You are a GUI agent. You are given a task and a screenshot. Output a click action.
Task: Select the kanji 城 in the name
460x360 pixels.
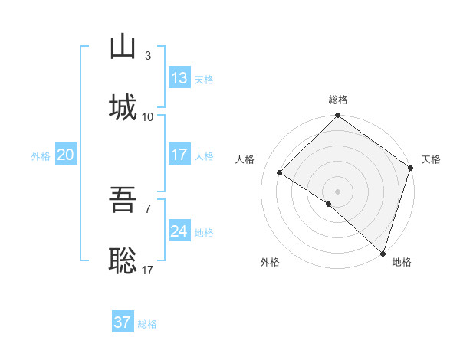tap(123, 109)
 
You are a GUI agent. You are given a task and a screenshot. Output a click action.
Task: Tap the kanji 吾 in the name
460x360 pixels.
tap(123, 201)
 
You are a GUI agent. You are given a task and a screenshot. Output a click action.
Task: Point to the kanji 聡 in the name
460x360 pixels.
tap(123, 262)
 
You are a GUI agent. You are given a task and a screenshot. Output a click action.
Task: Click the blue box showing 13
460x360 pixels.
tap(179, 78)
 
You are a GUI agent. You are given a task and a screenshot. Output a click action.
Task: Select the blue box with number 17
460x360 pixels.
tap(179, 155)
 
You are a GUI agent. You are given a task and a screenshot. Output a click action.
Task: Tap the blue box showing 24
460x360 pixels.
tap(179, 231)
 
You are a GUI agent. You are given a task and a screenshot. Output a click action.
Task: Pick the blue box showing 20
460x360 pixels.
tap(65, 155)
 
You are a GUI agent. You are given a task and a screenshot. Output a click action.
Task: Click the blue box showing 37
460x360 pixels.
tap(123, 322)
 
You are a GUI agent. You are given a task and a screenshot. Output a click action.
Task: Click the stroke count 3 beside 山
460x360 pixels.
tap(148, 56)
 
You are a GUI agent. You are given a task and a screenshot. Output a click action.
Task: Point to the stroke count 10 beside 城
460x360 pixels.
tap(148, 117)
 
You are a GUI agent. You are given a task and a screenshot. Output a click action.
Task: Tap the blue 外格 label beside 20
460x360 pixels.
tap(41, 155)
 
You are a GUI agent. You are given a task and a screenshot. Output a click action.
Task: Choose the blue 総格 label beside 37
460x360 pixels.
tap(147, 323)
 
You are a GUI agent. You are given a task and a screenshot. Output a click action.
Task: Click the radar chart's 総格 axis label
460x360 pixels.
tap(338, 100)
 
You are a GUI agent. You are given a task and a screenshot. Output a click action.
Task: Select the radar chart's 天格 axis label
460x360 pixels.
tap(431, 159)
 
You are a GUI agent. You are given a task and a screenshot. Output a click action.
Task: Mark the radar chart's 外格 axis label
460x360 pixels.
tap(270, 262)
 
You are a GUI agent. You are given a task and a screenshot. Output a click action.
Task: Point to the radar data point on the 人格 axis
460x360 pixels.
tap(280, 173)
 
